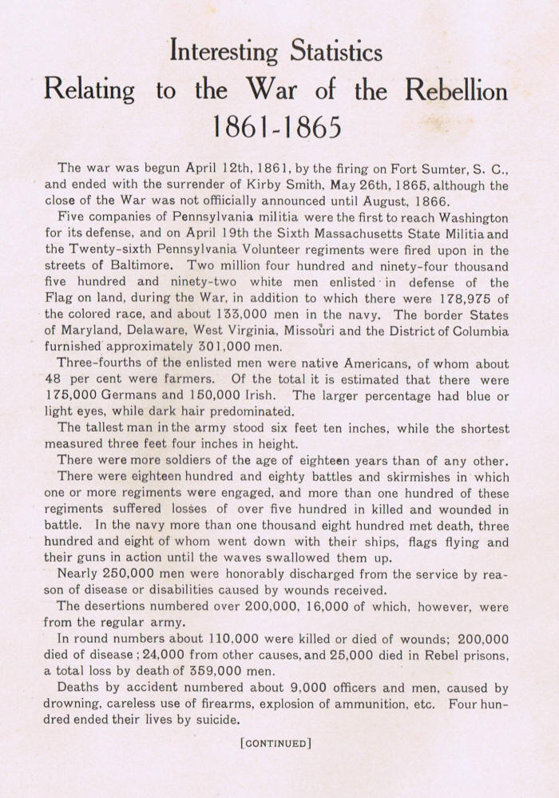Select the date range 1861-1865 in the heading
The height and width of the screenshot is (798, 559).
pyautogui.click(x=276, y=126)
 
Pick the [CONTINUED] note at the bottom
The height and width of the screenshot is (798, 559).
pyautogui.click(x=276, y=744)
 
